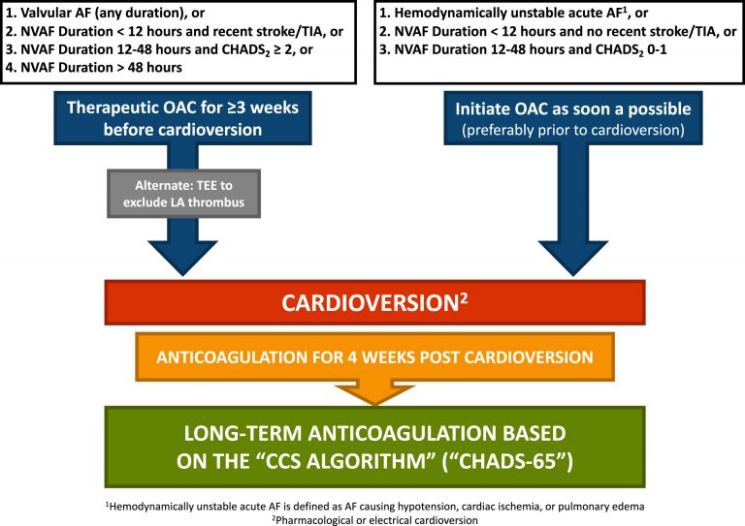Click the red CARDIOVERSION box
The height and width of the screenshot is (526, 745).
[373, 302]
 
